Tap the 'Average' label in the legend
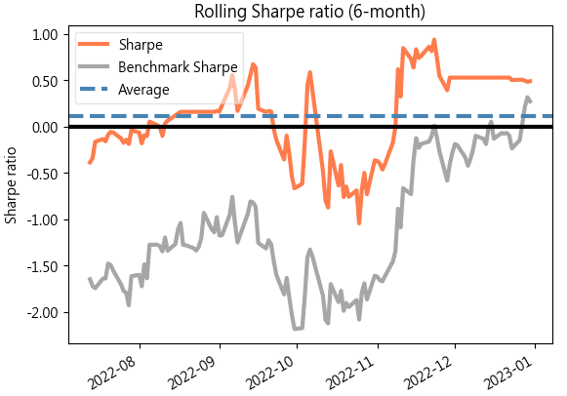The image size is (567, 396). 143,90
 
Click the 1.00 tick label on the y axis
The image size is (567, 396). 45,35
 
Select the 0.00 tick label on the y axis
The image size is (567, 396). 45,128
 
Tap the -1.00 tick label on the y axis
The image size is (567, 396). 43,220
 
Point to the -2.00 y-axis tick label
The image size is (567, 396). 43,313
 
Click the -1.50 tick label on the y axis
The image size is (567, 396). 43,266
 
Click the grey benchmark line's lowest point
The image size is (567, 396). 295,329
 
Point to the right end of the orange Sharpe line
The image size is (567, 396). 531,81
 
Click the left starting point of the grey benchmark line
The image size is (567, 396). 90,278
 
